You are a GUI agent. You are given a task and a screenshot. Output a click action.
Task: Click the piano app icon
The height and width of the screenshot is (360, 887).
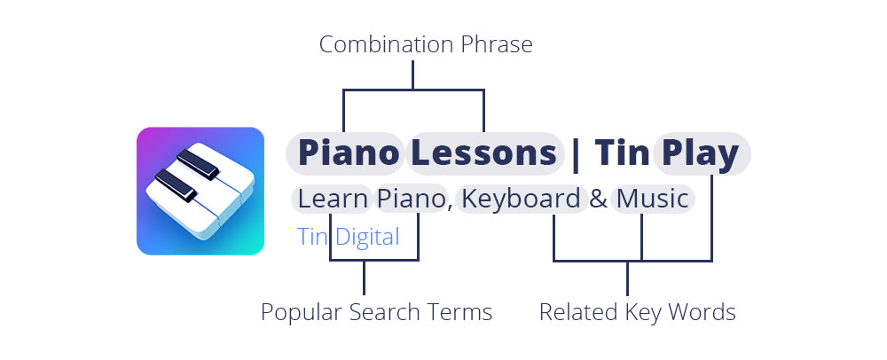[200, 191]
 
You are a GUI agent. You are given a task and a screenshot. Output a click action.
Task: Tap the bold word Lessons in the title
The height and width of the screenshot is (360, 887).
[483, 153]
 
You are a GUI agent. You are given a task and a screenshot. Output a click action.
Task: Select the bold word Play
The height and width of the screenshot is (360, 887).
[701, 153]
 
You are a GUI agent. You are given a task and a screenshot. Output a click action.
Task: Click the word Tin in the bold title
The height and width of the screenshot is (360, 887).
[622, 153]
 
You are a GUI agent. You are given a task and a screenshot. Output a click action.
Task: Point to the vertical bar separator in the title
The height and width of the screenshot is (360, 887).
[576, 154]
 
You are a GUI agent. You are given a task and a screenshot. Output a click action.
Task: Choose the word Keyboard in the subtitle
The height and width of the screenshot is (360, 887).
[521, 200]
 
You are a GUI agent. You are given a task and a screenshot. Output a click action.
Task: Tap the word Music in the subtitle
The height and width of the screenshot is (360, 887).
[652, 200]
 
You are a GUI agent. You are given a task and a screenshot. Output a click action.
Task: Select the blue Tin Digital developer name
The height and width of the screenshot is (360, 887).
[349, 237]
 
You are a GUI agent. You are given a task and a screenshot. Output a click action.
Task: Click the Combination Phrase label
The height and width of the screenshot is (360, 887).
[426, 44]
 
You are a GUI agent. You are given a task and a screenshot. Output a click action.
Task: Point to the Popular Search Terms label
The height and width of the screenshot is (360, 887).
[376, 312]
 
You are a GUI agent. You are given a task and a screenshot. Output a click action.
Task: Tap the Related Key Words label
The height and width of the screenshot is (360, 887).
[638, 312]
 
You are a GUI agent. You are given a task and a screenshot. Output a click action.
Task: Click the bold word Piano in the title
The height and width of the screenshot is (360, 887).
[349, 153]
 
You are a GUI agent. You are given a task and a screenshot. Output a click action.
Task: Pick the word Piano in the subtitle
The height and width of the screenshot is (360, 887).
[412, 200]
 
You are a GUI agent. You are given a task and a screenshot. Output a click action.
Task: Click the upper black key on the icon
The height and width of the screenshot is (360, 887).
[198, 164]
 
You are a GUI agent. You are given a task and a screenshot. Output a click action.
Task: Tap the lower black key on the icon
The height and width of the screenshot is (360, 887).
[176, 185]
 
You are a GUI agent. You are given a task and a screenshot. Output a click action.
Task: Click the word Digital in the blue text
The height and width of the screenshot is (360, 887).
[367, 237]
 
